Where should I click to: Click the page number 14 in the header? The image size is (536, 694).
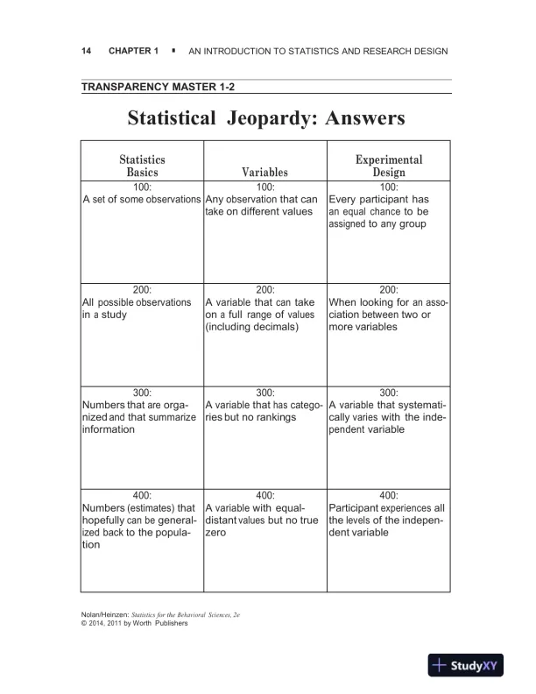click(x=86, y=52)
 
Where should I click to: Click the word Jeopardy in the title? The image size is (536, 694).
click(x=270, y=117)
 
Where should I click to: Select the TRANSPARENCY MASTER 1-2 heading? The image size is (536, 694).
click(x=159, y=87)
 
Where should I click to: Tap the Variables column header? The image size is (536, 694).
click(x=264, y=173)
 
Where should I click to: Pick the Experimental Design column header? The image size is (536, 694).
click(x=388, y=166)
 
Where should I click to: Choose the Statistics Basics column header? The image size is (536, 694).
click(x=142, y=166)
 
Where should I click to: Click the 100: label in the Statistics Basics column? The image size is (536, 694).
click(x=142, y=188)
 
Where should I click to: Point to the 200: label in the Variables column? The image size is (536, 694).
click(x=264, y=289)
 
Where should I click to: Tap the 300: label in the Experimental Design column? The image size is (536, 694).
click(x=388, y=393)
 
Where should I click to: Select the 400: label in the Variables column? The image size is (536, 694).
click(x=264, y=495)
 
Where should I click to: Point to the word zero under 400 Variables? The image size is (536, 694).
click(x=216, y=532)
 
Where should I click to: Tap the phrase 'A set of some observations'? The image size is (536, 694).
click(x=142, y=200)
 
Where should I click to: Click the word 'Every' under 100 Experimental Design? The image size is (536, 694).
click(x=344, y=200)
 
